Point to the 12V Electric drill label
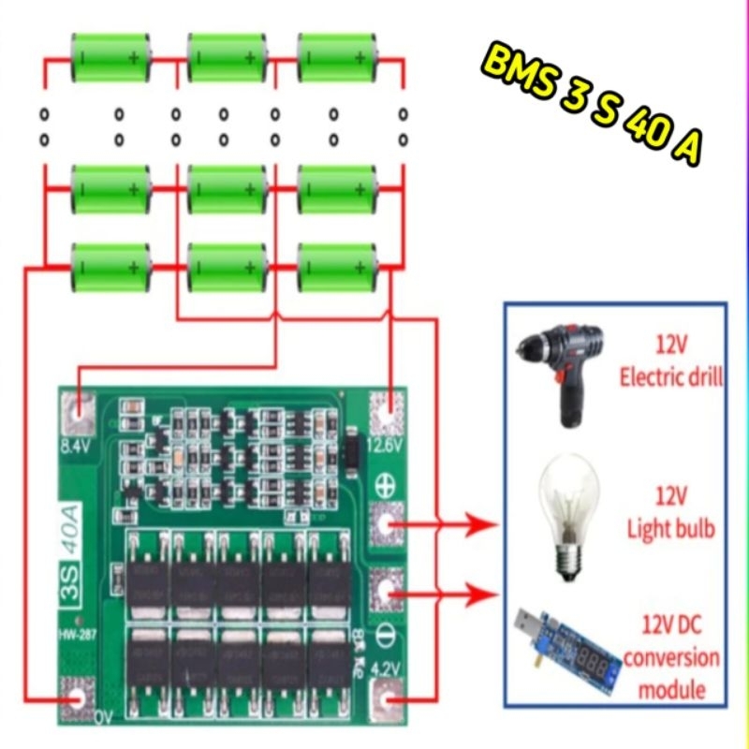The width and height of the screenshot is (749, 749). coord(671,362)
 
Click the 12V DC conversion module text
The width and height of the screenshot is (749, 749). coord(671,655)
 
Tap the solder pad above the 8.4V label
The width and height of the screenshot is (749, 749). coord(79,408)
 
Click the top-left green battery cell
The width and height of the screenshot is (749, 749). coord(111,58)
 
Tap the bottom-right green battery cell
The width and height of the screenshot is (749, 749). coord(337,267)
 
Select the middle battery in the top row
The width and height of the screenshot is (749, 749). coord(227,58)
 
